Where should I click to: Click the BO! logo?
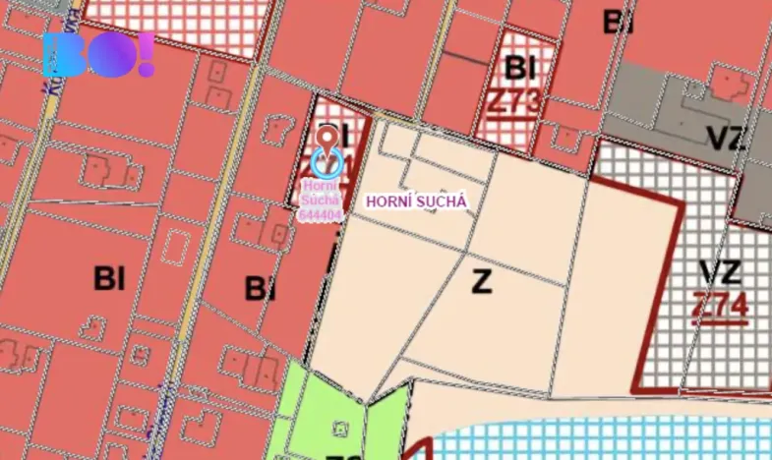(98, 55)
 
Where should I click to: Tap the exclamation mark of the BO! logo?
(146, 55)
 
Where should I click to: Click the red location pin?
(327, 138)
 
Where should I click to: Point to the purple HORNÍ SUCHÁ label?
(414, 201)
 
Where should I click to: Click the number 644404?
(322, 213)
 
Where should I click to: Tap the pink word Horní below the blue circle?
(321, 184)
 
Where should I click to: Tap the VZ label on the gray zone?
(726, 139)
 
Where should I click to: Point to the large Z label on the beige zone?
(481, 283)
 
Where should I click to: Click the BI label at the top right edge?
(618, 22)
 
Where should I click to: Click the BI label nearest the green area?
(259, 289)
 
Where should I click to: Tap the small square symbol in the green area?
(340, 428)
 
